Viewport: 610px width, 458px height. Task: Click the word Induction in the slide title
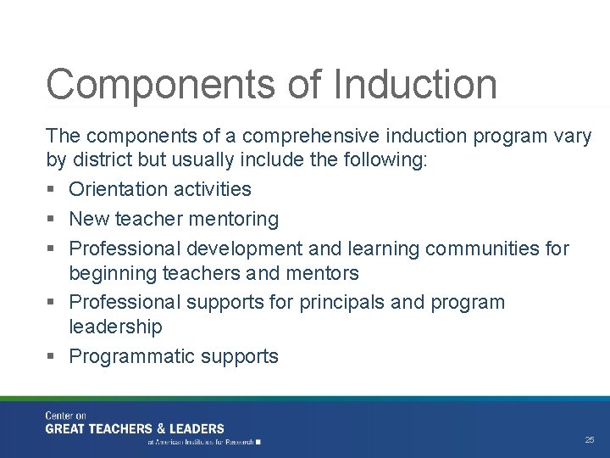pos(415,85)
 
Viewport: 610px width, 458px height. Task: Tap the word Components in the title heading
pos(161,85)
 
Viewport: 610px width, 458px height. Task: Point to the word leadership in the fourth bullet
pos(115,327)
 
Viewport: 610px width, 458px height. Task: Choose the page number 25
pos(590,440)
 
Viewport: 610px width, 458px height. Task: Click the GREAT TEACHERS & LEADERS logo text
pos(135,429)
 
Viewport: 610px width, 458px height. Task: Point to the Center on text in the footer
pos(66,416)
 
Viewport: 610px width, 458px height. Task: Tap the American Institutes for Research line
pos(203,442)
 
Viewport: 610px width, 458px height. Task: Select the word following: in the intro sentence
pos(386,160)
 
